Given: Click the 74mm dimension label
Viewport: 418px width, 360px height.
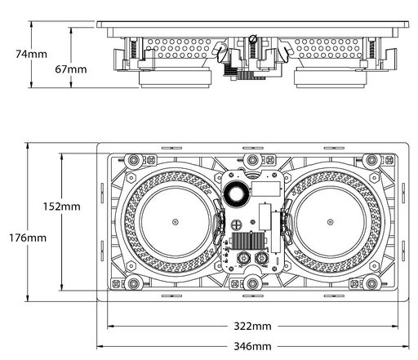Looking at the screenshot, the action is (31, 54).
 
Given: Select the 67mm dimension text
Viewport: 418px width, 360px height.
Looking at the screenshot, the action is (71, 69).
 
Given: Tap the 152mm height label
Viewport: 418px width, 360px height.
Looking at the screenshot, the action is (62, 207).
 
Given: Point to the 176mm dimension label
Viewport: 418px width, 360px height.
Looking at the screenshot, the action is (28, 238).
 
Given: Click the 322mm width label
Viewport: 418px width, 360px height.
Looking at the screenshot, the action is (253, 326).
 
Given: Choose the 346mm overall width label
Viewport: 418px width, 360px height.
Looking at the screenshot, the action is (253, 346).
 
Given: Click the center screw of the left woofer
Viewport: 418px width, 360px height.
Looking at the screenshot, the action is (176, 222).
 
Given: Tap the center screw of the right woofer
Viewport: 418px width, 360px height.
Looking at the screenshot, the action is (330, 222).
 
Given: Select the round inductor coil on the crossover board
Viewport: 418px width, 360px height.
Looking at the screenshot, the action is (236, 193).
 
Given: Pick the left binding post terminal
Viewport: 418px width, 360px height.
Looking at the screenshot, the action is (242, 257).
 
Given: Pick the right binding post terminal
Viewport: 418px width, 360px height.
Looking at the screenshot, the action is (261, 257).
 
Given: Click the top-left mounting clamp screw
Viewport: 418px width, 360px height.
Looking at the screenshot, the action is (133, 160).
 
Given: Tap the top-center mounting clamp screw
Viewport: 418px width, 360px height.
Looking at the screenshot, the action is (252, 159).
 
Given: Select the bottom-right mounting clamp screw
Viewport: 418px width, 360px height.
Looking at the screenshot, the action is (371, 283).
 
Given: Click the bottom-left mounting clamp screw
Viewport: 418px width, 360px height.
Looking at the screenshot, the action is (133, 283).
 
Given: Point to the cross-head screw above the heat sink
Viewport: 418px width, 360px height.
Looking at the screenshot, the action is (236, 224).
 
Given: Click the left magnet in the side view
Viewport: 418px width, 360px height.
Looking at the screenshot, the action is (176, 79).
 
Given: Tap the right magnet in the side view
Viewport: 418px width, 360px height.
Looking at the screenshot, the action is (331, 79).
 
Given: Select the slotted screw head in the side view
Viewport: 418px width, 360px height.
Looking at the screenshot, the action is (253, 39).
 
